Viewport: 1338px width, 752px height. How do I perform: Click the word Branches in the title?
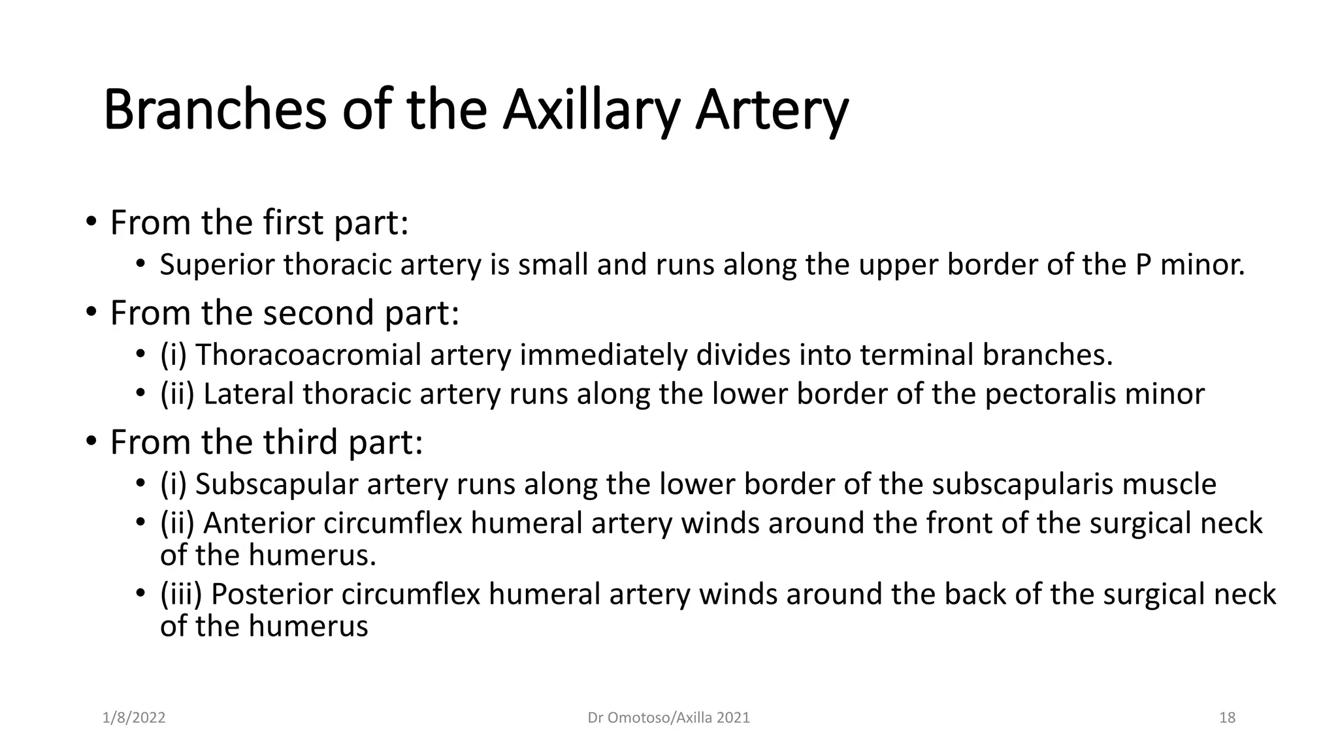tap(214, 110)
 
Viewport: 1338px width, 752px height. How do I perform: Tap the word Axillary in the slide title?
tap(591, 110)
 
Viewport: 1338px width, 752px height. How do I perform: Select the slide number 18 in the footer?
tap(1227, 718)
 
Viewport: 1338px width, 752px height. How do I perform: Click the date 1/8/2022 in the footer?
tap(134, 718)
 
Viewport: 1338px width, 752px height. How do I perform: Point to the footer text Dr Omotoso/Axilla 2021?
tap(668, 718)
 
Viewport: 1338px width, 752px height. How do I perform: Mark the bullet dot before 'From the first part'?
tap(91, 223)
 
